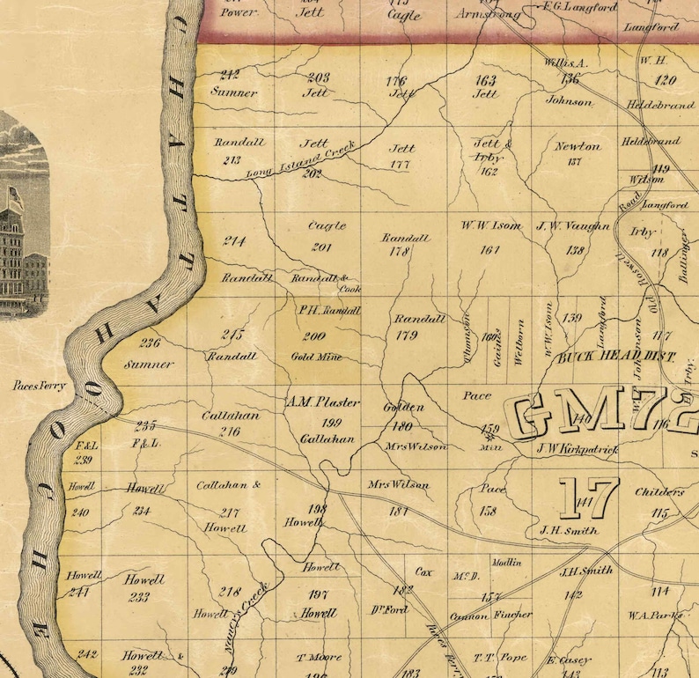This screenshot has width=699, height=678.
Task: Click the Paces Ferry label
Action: click(40, 386)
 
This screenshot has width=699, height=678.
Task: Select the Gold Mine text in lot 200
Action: click(317, 357)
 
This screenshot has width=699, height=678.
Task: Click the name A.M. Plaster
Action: click(323, 402)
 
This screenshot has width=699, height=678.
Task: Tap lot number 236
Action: click(151, 343)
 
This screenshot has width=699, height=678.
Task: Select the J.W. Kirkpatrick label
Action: click(578, 450)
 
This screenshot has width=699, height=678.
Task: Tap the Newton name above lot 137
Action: click(578, 146)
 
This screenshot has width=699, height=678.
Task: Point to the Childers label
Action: click(660, 492)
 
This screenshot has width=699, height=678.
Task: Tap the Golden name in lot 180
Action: click(404, 408)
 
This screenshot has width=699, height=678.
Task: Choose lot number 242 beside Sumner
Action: click(230, 75)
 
